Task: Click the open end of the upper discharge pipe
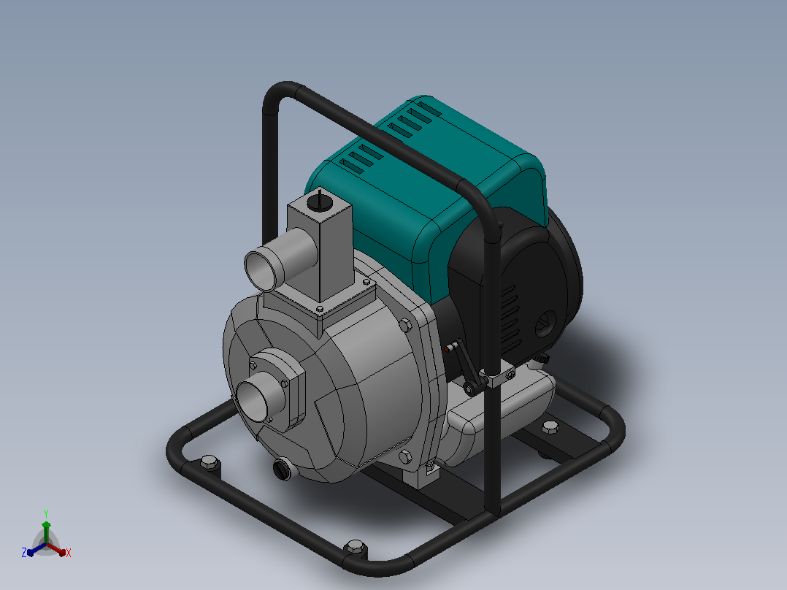coord(261,271)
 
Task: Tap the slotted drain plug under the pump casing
coord(282,470)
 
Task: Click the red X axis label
coord(69,553)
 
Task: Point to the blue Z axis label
coord(23,553)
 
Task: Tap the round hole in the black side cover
coord(545,324)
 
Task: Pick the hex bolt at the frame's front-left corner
coord(210,462)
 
